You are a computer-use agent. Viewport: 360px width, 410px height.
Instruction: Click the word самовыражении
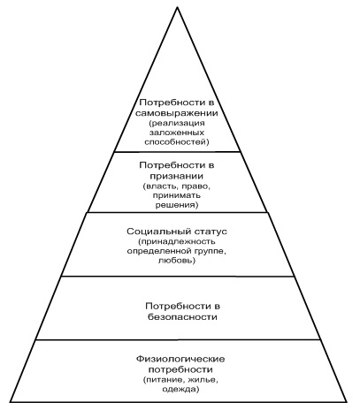tap(177, 113)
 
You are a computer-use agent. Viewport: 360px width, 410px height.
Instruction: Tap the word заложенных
tap(177, 133)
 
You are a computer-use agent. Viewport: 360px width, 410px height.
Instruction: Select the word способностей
tap(175, 142)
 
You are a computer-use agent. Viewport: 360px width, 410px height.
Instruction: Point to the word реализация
tap(178, 123)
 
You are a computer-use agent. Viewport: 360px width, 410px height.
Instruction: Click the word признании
tap(177, 177)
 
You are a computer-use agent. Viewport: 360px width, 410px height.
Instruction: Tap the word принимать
tap(177, 195)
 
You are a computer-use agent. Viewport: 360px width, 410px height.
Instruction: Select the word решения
tap(175, 205)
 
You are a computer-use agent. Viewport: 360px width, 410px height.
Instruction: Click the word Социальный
tap(158, 232)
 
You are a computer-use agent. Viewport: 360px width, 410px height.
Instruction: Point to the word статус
tap(211, 232)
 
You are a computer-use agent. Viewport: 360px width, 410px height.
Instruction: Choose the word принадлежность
tap(179, 242)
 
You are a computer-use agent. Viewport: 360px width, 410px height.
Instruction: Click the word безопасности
tap(182, 317)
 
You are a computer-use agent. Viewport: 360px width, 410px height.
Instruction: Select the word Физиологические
tap(180, 360)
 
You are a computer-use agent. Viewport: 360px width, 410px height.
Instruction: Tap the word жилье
tap(202, 380)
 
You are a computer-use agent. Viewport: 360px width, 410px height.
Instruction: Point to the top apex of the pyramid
tap(177, 8)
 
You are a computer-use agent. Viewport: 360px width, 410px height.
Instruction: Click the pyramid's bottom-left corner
tap(10, 401)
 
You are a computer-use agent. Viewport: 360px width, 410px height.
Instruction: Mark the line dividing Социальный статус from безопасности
tap(178, 277)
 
